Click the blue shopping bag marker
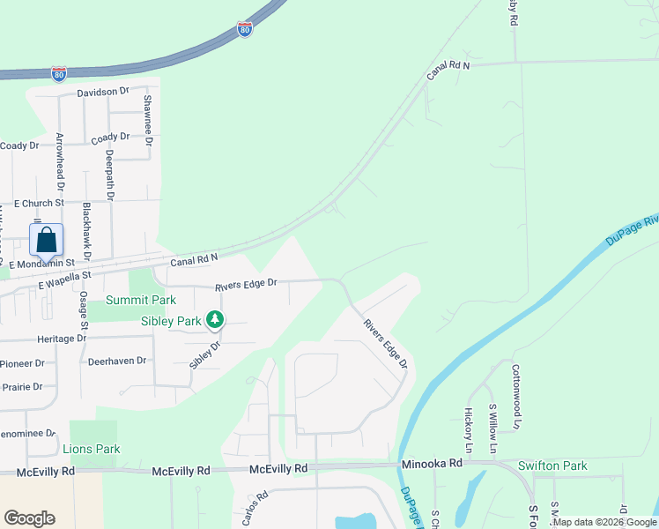coord(46,240)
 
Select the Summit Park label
coord(135,301)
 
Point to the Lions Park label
coord(92,449)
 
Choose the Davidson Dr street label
coord(103,92)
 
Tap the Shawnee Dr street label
coord(149,121)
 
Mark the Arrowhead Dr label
coord(61,161)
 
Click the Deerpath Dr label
coord(110,175)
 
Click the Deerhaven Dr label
coord(116,361)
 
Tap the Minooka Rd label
coord(432,463)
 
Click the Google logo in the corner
coord(29,518)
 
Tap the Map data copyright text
coord(605,523)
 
